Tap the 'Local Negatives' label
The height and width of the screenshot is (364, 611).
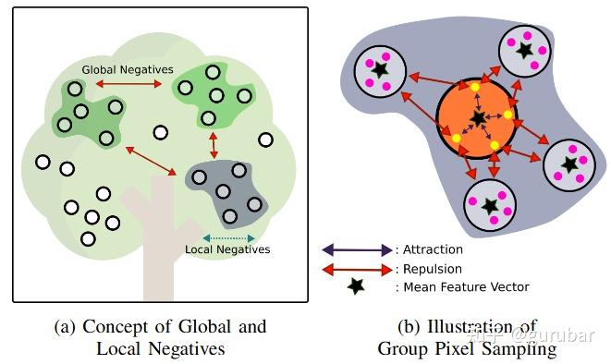click(x=227, y=249)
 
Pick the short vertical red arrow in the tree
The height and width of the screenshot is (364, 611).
click(x=214, y=144)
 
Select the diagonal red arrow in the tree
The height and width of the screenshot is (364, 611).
click(x=151, y=159)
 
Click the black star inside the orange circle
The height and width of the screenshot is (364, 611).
click(x=478, y=117)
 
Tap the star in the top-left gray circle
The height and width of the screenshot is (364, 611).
click(x=379, y=69)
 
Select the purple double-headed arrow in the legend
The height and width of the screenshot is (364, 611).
click(x=357, y=249)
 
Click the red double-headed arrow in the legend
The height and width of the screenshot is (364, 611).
click(x=357, y=269)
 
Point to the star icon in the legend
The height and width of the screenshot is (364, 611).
click(x=356, y=287)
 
